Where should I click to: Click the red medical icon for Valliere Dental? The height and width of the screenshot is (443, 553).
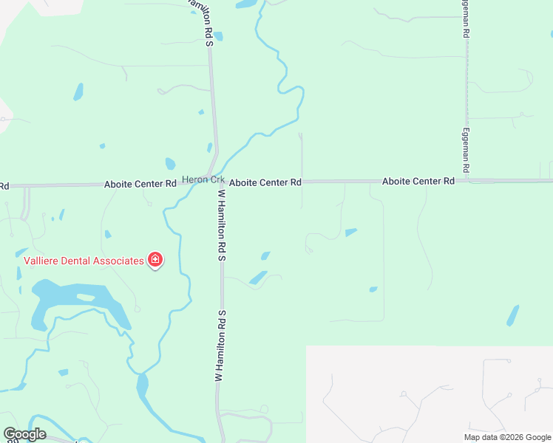pos(155,260)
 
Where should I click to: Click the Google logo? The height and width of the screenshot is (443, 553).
pos(24,434)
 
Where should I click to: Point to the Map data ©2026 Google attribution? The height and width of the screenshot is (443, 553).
pos(507,437)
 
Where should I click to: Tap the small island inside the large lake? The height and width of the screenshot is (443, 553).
pos(86,297)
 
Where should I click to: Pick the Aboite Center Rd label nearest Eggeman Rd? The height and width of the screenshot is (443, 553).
pos(418,181)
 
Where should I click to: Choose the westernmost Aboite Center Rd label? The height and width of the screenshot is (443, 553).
pos(140,183)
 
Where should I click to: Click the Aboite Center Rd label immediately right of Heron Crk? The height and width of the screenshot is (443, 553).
pos(265,182)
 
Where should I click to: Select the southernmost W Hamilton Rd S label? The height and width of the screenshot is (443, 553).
pos(220,346)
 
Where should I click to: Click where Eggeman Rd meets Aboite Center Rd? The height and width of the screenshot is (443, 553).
pos(467,180)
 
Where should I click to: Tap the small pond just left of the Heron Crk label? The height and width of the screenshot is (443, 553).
pos(170,164)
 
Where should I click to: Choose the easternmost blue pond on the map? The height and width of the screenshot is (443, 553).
pos(512,315)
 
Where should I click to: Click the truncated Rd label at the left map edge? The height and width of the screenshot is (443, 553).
pos(4,186)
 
